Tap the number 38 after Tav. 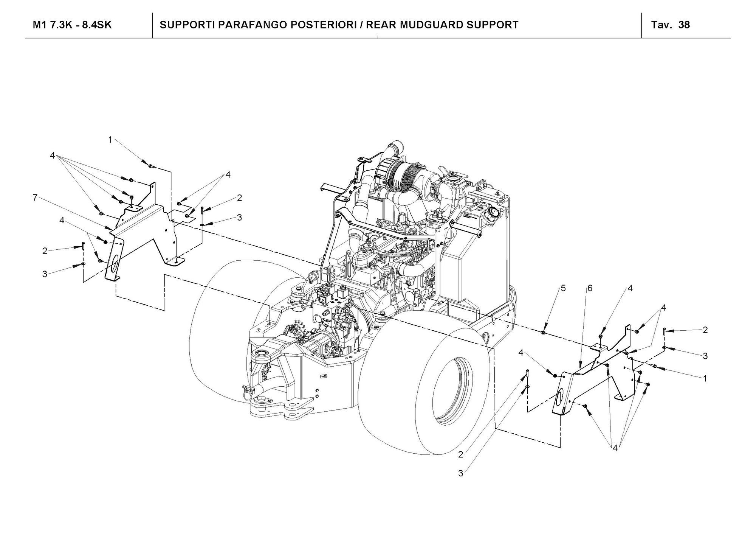point(684,25)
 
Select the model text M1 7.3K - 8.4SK point(72,25)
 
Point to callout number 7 point(35,198)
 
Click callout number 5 point(563,288)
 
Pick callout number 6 point(590,288)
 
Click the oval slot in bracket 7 point(114,263)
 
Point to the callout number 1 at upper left point(110,140)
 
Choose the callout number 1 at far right point(705,378)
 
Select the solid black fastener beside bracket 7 point(106,242)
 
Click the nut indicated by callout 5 point(543,333)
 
